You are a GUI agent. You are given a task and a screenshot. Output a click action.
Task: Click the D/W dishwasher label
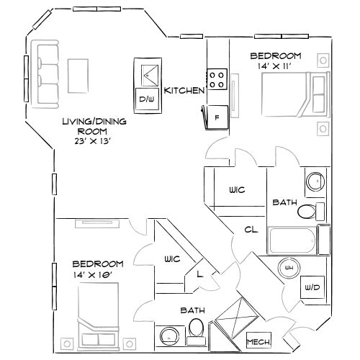147,98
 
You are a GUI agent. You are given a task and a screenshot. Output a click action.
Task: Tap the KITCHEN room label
185,90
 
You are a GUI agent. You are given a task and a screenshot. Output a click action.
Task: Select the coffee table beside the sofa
78,73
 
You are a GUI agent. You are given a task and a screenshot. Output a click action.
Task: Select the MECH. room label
257,341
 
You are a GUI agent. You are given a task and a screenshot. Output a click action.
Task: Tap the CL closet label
251,230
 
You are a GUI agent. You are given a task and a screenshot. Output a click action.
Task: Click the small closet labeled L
198,274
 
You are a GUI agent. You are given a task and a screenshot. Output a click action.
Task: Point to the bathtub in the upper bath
294,240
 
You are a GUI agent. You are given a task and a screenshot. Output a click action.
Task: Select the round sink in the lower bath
168,336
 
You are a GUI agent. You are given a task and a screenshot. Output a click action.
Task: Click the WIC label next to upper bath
237,190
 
